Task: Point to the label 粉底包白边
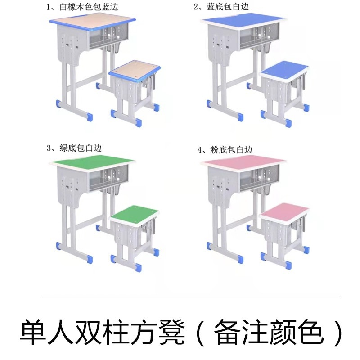click(231, 150)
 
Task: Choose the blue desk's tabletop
click(243, 19)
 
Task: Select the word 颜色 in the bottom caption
click(292, 332)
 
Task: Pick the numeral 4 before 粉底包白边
click(199, 150)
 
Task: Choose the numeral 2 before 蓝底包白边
click(195, 7)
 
